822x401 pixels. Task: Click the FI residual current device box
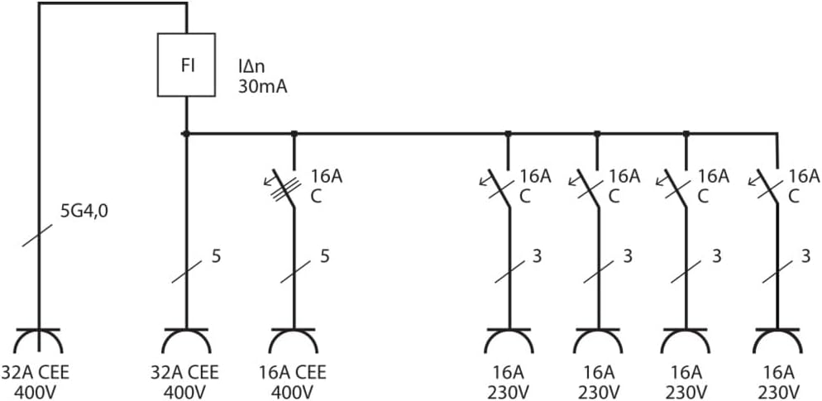(187, 64)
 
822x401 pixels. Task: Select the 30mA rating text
(263, 87)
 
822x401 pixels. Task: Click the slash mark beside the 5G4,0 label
(38, 236)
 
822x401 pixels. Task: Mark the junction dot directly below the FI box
(186, 134)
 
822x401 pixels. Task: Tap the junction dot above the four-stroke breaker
(294, 134)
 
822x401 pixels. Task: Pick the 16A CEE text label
(293, 373)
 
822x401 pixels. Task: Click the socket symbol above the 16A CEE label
(294, 341)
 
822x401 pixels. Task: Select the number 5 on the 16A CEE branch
(324, 256)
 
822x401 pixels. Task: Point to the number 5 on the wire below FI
(216, 256)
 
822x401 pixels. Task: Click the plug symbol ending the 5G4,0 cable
(38, 341)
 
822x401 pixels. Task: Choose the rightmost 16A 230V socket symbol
(777, 341)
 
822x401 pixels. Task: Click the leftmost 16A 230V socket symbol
(509, 341)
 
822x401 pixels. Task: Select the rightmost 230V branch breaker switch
(767, 188)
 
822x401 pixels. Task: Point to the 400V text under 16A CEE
(293, 392)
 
